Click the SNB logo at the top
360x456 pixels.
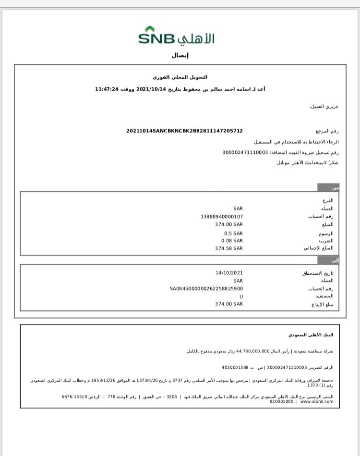point(176,36)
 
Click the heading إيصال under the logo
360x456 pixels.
point(180,55)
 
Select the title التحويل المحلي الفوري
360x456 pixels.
point(180,77)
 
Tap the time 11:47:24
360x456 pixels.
point(107,89)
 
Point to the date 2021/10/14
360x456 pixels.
point(151,89)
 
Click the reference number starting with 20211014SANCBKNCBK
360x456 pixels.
point(184,130)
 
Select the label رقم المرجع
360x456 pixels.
point(327,130)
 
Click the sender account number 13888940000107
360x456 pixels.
point(222,216)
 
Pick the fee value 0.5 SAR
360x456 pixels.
point(233,233)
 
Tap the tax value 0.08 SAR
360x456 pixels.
point(232,241)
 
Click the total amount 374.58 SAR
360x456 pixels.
point(229,248)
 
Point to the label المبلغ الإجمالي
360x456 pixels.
point(318,248)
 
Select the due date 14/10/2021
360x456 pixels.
point(229,273)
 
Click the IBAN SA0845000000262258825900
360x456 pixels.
point(206,289)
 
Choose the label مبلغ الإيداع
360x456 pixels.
point(322,304)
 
